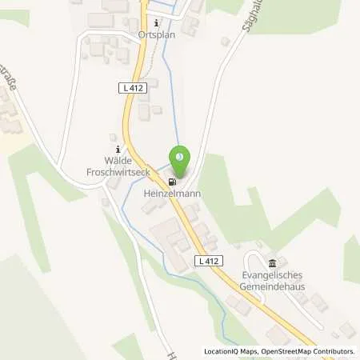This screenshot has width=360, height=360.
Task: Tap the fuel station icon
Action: pos(172,180)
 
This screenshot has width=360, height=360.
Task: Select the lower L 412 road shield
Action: pos(207,262)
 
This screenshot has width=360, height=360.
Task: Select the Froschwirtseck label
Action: pos(118,171)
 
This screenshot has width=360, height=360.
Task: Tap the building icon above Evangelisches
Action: pos(273,263)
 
